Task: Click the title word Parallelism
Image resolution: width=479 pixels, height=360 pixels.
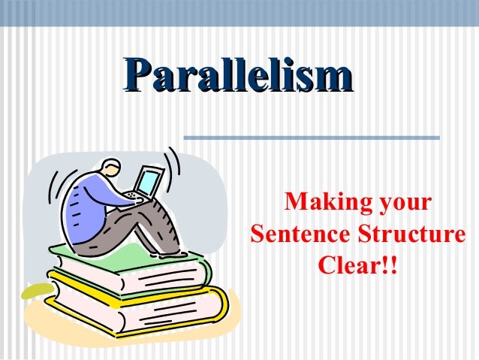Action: (x=239, y=79)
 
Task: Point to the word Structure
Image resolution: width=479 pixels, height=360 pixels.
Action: (x=408, y=234)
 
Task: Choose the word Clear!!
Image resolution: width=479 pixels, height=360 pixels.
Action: (x=358, y=265)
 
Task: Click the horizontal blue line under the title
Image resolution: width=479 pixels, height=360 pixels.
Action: (x=311, y=137)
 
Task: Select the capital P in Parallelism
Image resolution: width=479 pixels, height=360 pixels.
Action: (x=137, y=78)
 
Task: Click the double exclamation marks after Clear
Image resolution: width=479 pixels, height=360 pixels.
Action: (x=389, y=265)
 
